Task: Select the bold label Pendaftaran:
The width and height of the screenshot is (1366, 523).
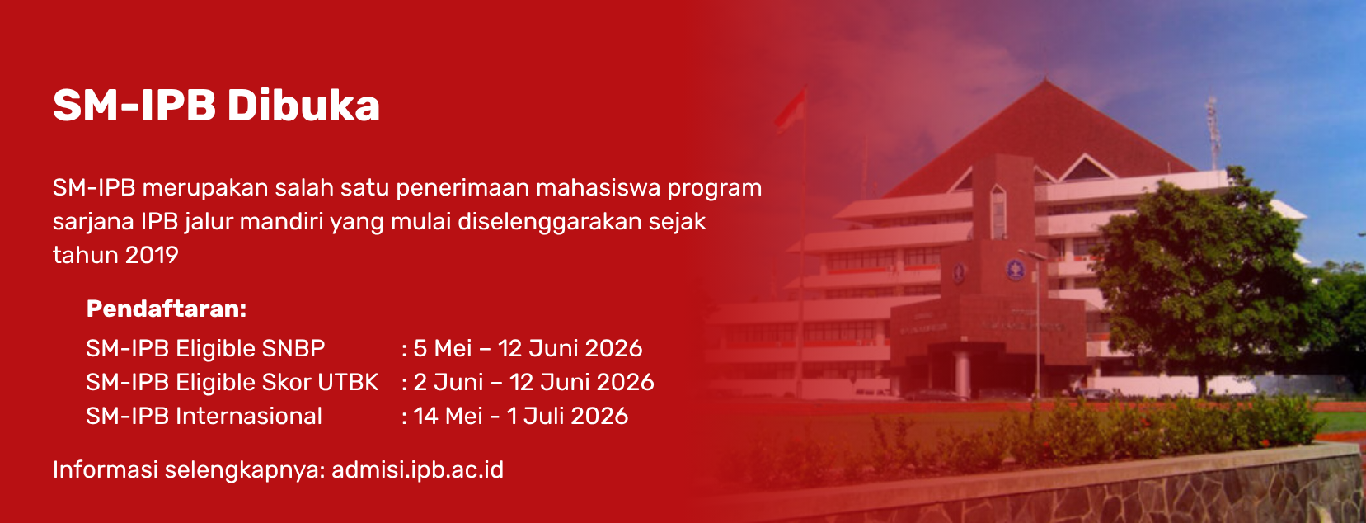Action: pyautogui.click(x=167, y=309)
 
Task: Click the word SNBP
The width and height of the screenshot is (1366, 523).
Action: pyautogui.click(x=293, y=348)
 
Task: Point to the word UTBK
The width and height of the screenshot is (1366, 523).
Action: pyautogui.click(x=348, y=383)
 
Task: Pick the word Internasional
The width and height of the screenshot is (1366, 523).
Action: pyautogui.click(x=249, y=417)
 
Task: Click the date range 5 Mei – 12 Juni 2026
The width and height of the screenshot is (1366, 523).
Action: pyautogui.click(x=528, y=348)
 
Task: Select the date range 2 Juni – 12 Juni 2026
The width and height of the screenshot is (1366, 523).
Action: pyautogui.click(x=533, y=383)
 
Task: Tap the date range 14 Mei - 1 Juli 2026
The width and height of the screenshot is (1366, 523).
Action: pyautogui.click(x=521, y=417)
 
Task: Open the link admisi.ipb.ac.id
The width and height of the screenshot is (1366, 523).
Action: pyautogui.click(x=418, y=470)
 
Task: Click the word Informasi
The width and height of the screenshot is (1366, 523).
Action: pyautogui.click(x=106, y=470)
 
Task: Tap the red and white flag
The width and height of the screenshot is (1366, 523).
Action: pyautogui.click(x=791, y=110)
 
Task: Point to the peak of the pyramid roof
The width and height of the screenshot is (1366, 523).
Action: pyautogui.click(x=1045, y=80)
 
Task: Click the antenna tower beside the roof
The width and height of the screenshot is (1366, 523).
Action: pyautogui.click(x=1212, y=131)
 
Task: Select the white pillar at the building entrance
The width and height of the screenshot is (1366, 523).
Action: pyautogui.click(x=962, y=374)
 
